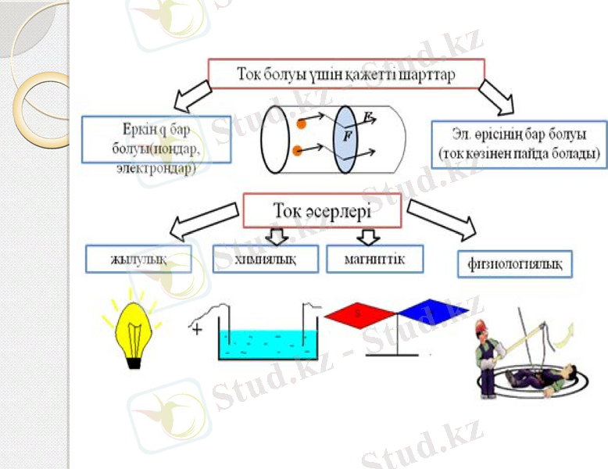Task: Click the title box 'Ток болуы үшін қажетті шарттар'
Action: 346,75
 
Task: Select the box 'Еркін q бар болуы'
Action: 157,140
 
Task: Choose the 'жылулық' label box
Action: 138,260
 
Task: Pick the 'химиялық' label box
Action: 265,260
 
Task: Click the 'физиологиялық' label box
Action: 514,263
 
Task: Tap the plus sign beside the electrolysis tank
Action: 197,329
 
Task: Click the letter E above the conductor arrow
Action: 368,116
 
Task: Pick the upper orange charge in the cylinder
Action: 300,123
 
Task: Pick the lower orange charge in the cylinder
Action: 297,150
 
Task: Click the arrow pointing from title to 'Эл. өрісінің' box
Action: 497,96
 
